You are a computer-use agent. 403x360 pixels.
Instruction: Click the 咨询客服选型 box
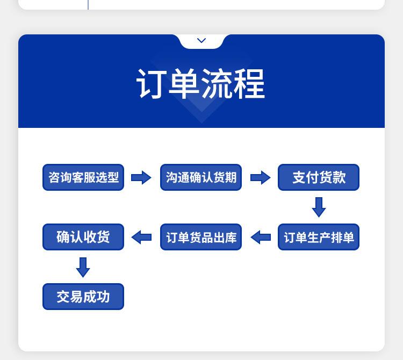(83, 177)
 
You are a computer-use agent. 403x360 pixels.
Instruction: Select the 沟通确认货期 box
(201, 177)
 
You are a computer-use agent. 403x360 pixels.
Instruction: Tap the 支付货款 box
(319, 177)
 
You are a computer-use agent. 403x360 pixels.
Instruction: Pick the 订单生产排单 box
(319, 237)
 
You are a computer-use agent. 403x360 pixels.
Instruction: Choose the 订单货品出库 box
(201, 237)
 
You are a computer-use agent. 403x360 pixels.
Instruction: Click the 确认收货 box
(83, 237)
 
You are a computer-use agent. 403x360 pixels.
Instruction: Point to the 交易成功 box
(83, 297)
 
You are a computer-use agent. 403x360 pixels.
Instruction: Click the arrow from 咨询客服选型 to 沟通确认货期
(141, 177)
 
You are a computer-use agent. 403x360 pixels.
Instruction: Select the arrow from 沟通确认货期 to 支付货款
(261, 177)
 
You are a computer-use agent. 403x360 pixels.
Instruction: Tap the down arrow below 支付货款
(319, 207)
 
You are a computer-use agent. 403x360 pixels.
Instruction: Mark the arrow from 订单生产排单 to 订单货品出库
(261, 237)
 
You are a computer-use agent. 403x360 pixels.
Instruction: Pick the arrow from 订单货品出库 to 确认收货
(141, 237)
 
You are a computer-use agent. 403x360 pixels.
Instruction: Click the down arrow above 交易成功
(83, 267)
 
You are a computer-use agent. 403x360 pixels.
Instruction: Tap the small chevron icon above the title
(201, 40)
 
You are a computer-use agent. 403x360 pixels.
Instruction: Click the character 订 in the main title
(150, 84)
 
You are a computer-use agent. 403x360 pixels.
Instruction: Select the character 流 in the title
(217, 84)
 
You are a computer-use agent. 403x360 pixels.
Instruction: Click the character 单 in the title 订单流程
(184, 84)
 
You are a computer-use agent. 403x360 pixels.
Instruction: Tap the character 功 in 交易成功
(103, 297)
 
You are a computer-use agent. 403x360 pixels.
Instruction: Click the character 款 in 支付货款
(339, 177)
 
